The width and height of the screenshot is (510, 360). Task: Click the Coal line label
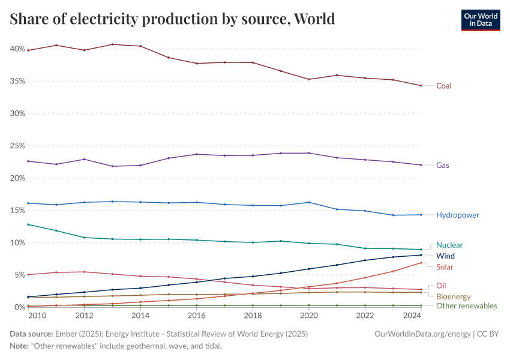coord(443,86)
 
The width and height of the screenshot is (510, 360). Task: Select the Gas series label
coord(442,165)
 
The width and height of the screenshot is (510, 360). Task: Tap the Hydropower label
coord(457,215)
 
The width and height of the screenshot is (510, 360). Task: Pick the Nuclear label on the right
coord(449,245)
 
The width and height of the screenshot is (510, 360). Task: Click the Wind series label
coord(445,256)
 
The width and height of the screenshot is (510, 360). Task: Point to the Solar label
coord(445,266)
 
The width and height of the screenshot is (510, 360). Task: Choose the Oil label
coord(441,286)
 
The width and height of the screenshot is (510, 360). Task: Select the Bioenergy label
coord(453,296)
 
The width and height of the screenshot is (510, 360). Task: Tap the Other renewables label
coord(466,306)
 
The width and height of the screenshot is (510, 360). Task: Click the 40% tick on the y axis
coord(17,49)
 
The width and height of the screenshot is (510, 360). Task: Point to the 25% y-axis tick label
coord(17,146)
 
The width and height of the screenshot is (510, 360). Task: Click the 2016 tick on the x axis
coord(197,316)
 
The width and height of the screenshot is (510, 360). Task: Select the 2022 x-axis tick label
coord(365,316)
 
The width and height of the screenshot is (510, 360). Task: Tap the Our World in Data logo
coord(480,20)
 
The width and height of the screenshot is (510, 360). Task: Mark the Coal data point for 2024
coord(421,86)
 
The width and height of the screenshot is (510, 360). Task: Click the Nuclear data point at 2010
coord(28,224)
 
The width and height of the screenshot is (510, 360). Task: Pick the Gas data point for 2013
coord(112,166)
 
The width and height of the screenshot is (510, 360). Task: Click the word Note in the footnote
coord(19,347)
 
